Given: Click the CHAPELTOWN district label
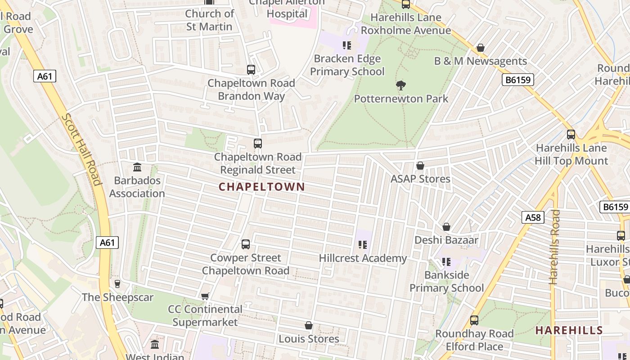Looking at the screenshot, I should (261, 187).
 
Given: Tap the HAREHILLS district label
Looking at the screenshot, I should (569, 330).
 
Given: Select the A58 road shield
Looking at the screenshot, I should (533, 218).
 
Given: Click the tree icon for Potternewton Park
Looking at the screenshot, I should (400, 85).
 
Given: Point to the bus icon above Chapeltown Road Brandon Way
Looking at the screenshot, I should (251, 70).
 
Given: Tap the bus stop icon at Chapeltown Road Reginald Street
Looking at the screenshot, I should (258, 144).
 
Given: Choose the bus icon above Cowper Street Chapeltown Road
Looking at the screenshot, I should (246, 244).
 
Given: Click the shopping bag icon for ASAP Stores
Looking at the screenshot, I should (420, 166).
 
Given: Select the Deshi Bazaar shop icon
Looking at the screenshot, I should (446, 227).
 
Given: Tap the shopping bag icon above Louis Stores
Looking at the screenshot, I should (309, 325).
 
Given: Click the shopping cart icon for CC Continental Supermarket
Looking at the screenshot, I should (205, 296).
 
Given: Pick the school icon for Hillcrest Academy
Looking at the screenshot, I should (363, 245).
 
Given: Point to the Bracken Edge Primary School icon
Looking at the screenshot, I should (347, 45).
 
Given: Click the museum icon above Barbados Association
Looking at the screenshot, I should (137, 167).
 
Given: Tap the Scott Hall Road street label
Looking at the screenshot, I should (81, 149).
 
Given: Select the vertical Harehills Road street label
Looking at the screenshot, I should (554, 247).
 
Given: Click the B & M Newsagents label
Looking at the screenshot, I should (480, 61).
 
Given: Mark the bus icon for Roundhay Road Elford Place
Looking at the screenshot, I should (474, 320).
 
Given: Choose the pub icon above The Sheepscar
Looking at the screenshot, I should (117, 283).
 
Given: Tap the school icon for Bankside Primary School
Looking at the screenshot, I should (446, 261).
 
